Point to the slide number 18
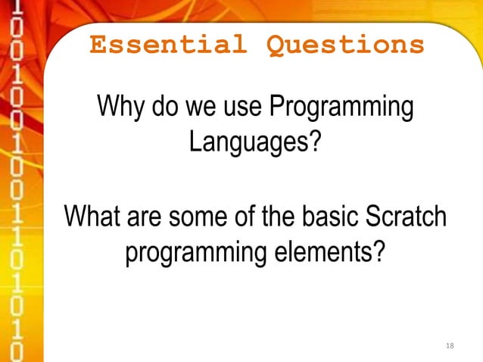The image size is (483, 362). tap(450, 346)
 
